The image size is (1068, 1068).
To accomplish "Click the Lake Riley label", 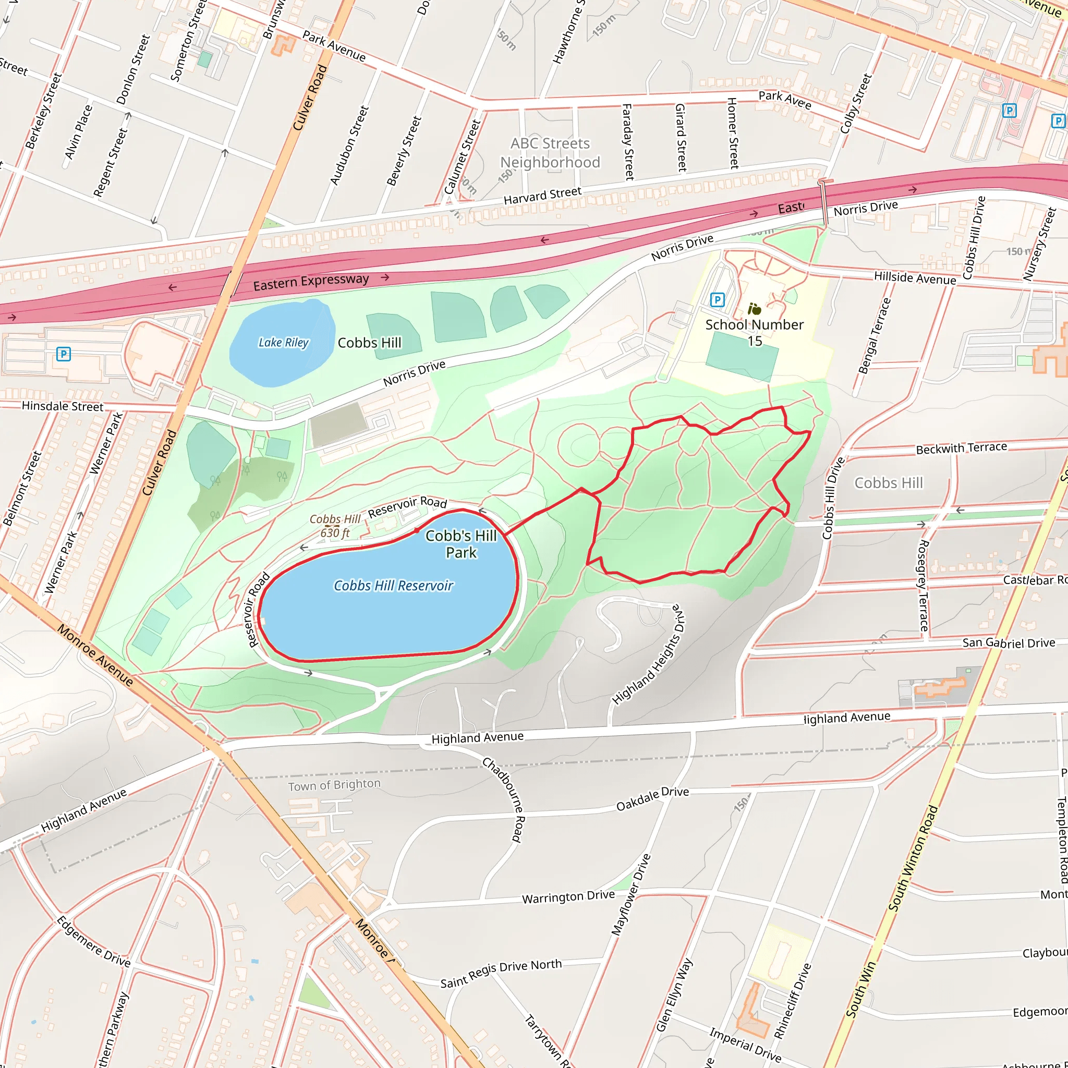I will [x=284, y=343].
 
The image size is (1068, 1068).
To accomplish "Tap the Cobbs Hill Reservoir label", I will [x=393, y=586].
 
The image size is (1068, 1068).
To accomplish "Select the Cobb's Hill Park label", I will [x=461, y=544].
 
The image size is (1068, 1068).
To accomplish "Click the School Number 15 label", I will [x=755, y=332].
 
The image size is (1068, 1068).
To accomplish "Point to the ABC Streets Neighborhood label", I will [x=550, y=153].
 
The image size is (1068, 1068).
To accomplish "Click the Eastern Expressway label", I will [x=311, y=282].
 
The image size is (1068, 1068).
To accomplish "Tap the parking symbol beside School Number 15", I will [x=717, y=300].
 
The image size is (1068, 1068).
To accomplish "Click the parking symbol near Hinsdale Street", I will [x=64, y=354].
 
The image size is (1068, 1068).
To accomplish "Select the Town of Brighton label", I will [x=334, y=784].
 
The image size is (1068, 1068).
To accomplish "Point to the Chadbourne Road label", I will [x=503, y=799].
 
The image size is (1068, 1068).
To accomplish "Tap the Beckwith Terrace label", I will [x=961, y=448].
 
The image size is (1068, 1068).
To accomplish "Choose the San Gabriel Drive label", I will [x=1009, y=643].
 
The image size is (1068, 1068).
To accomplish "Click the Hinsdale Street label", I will [x=63, y=406].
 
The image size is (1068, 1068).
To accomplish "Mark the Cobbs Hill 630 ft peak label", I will [x=334, y=526].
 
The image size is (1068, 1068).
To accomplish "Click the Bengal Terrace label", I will [x=875, y=335].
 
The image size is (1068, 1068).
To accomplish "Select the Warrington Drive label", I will [x=568, y=896].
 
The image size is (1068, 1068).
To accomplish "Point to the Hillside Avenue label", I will [x=915, y=278].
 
